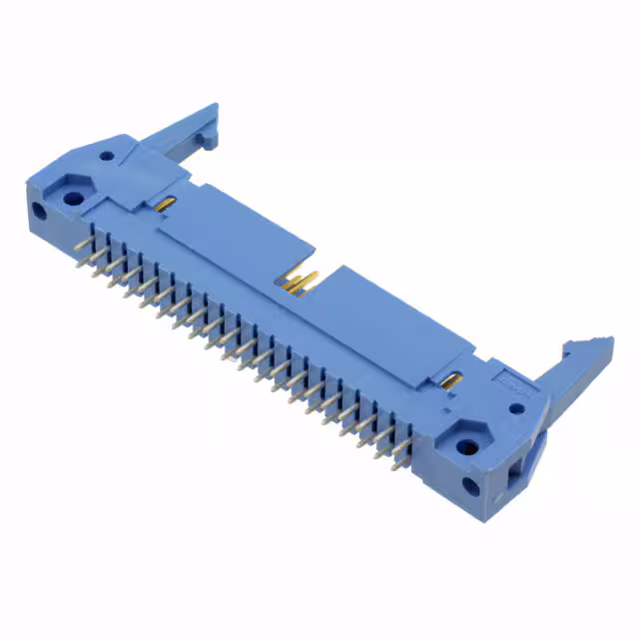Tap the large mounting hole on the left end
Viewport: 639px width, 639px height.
point(72,197)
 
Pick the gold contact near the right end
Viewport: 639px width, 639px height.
point(451,380)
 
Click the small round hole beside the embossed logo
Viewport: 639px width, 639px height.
point(516,407)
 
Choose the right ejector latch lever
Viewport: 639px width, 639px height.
point(569,379)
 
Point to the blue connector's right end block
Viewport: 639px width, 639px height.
point(489,429)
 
